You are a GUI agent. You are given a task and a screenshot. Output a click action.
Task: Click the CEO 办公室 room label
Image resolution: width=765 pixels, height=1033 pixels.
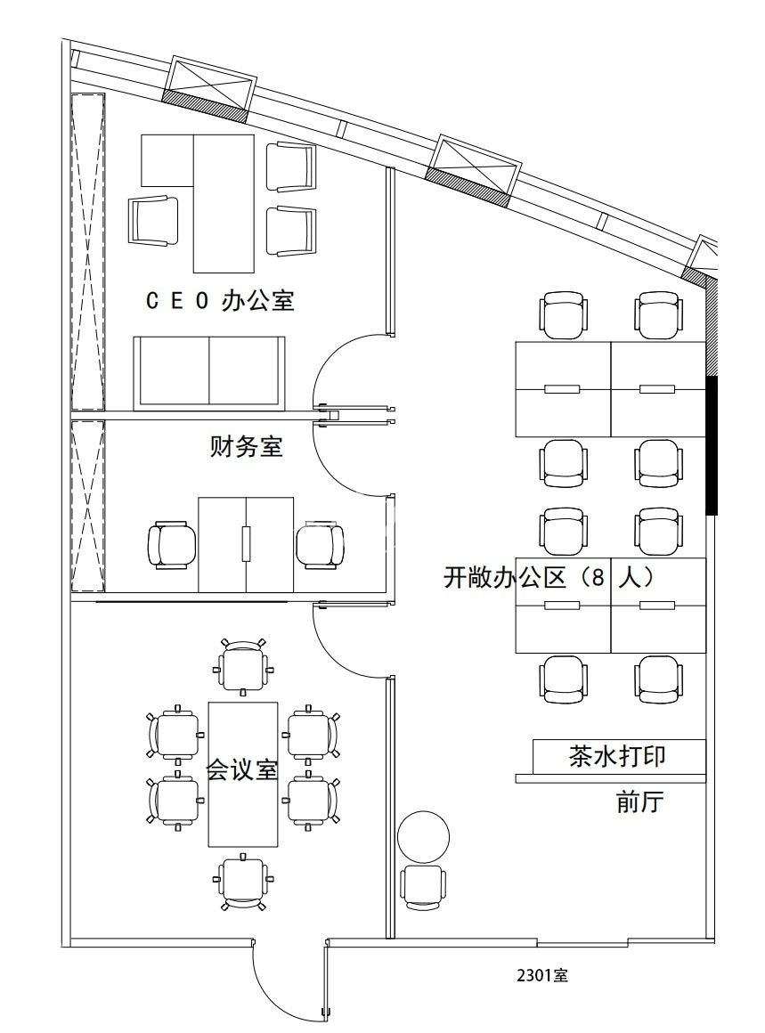tap(220, 301)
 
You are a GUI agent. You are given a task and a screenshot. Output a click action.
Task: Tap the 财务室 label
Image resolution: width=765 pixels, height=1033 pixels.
tap(246, 446)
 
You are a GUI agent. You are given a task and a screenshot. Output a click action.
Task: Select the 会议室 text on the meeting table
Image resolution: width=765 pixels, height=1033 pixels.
tap(242, 769)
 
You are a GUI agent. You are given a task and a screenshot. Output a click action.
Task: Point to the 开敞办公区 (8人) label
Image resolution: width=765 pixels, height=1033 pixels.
tap(549, 578)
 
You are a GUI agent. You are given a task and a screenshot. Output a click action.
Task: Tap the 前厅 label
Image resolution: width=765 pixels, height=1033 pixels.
tap(639, 802)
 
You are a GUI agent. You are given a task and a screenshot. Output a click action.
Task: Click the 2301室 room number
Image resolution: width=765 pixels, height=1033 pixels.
tap(542, 975)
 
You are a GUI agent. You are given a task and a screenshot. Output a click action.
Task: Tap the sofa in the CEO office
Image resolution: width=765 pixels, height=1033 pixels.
tap(209, 373)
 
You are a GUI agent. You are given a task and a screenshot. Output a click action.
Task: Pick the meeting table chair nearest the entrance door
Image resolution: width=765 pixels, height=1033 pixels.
tap(243, 881)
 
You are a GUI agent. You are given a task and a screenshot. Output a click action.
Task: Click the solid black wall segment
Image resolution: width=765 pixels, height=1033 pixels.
tap(712, 444)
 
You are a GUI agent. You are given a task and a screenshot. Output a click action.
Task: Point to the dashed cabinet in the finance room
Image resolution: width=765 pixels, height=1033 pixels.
tap(88, 506)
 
